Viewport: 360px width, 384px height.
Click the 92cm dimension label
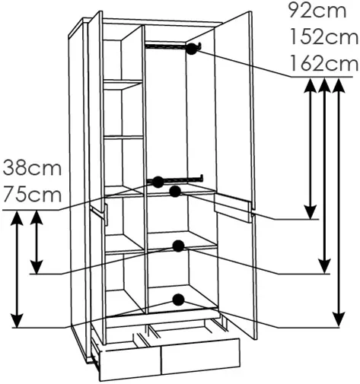(x=317, y=11)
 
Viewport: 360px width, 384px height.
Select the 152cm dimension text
(x=323, y=36)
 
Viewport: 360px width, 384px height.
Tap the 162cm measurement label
(x=323, y=63)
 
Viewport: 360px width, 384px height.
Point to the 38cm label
(x=32, y=167)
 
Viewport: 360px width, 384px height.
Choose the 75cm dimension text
(x=32, y=194)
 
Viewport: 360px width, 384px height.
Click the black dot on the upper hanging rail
(x=192, y=49)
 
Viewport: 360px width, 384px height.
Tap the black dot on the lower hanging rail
(x=158, y=182)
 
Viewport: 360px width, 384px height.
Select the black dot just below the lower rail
(x=175, y=192)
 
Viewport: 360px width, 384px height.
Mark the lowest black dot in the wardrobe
(x=178, y=300)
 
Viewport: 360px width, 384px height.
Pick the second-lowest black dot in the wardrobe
(x=178, y=246)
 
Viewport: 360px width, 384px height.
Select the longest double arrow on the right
(x=339, y=203)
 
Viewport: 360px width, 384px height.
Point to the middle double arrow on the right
(x=324, y=176)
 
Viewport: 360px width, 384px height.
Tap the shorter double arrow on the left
(x=37, y=242)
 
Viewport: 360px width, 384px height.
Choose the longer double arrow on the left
(x=17, y=269)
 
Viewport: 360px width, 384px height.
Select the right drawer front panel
(x=200, y=354)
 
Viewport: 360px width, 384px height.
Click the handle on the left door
(x=100, y=213)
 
